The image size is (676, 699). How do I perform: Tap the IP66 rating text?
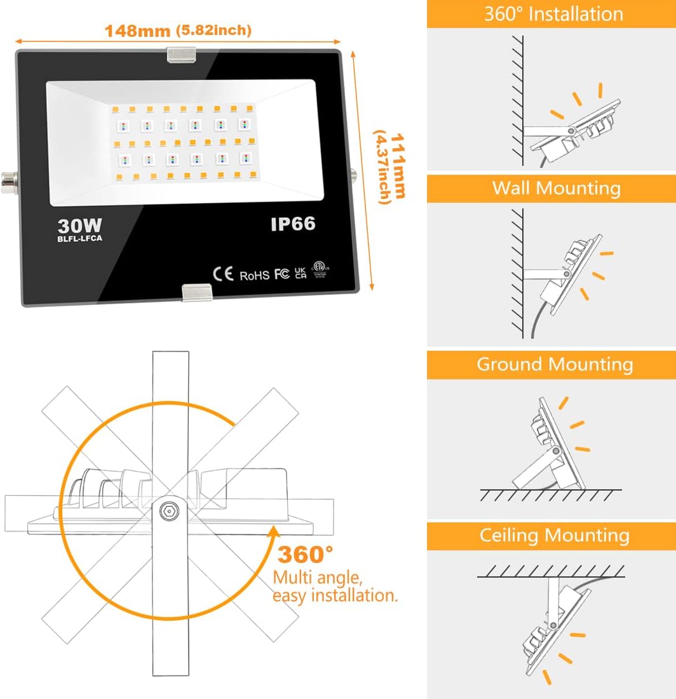click(292, 224)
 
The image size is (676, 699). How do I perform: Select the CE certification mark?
click(223, 274)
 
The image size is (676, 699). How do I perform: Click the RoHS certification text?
click(255, 275)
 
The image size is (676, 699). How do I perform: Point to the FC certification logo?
click(282, 274)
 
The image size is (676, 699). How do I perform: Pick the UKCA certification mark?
click(301, 273)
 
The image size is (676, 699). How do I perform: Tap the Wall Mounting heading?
click(556, 188)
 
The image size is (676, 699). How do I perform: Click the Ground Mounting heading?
click(555, 364)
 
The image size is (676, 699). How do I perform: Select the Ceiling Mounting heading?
click(554, 535)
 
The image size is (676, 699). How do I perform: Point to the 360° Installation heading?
click(553, 13)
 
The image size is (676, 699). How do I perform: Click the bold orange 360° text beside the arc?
click(305, 554)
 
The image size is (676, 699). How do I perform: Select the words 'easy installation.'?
click(335, 596)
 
